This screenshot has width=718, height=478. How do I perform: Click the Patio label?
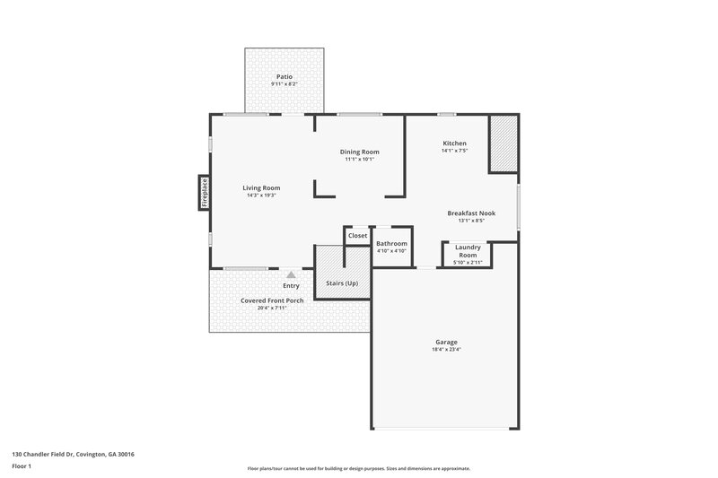coord(285,77)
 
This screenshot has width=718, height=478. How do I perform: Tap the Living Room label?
coord(261,187)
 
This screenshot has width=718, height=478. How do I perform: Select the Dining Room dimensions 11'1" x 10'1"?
coord(359,160)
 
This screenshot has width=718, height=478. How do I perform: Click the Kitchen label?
coord(454,143)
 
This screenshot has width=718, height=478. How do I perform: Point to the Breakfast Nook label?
coord(471,213)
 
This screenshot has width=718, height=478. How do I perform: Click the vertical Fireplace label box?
coord(205,193)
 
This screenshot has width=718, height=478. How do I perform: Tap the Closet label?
coord(358,235)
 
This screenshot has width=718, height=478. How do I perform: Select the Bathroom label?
coord(391,244)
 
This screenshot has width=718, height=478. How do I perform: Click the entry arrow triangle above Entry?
coord(291,274)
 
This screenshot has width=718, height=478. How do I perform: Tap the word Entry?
coord(291,285)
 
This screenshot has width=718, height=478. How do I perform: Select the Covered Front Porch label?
coord(272,300)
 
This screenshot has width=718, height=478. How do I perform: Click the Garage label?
coord(447,342)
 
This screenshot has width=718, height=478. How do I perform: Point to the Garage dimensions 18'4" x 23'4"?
coord(447,349)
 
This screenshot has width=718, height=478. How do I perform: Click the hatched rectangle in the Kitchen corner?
coord(503,143)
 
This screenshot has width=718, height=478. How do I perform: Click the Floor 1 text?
coord(22,466)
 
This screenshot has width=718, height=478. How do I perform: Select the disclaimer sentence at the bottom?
coord(358,469)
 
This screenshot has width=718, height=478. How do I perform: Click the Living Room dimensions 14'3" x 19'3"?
coord(261,195)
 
